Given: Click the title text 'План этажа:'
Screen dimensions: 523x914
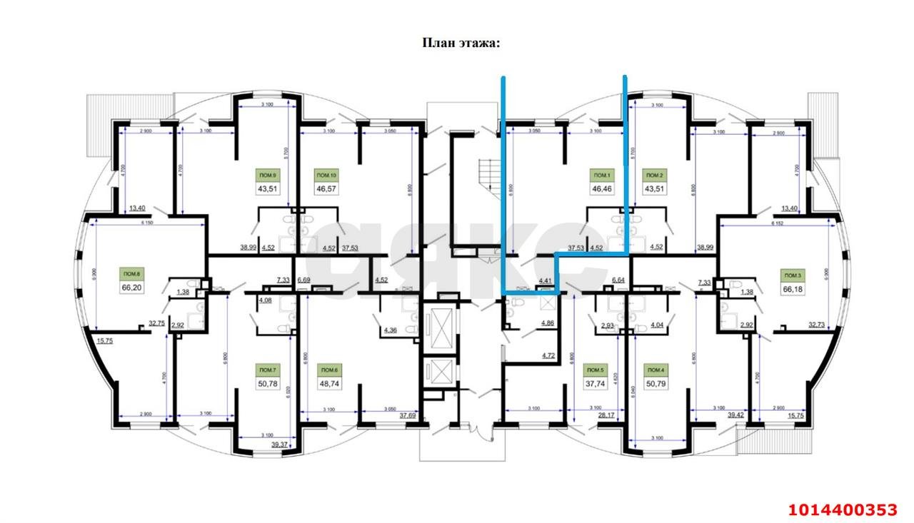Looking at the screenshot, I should point(461,44).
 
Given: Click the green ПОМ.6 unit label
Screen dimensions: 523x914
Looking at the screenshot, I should point(329,370).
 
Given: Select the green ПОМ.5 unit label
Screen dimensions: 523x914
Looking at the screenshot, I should point(594,370).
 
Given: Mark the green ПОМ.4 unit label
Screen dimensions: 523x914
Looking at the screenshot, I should point(653,370).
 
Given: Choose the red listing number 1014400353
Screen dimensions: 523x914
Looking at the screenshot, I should point(842,509).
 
